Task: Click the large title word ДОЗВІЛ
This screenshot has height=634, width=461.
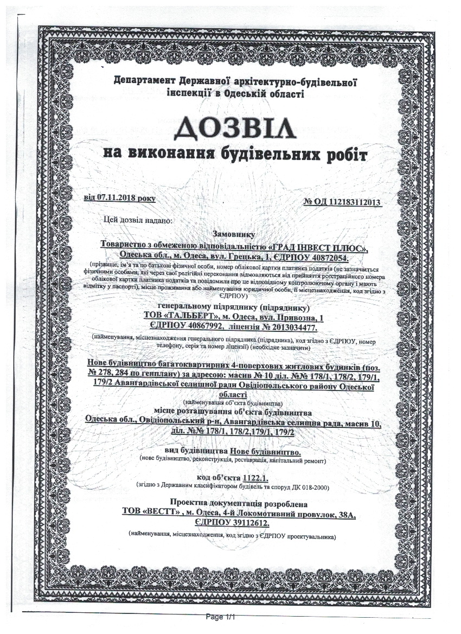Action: (x=235, y=129)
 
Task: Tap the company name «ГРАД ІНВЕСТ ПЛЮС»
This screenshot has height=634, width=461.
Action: (x=322, y=247)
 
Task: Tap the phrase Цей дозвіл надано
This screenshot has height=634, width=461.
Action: (x=137, y=220)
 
